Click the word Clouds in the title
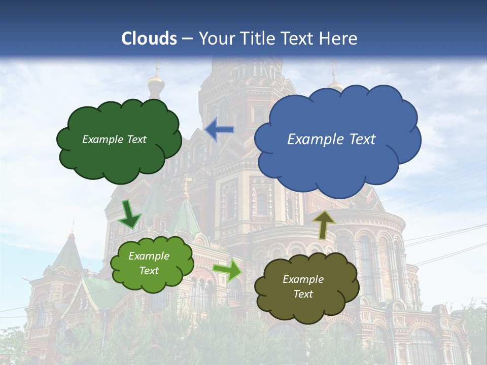click(x=149, y=39)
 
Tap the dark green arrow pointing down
click(x=129, y=213)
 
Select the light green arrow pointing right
click(x=227, y=270)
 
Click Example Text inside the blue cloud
click(x=331, y=139)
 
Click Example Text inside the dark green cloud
click(x=114, y=139)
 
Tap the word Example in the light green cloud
click(x=149, y=256)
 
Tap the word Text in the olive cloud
click(x=303, y=294)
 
